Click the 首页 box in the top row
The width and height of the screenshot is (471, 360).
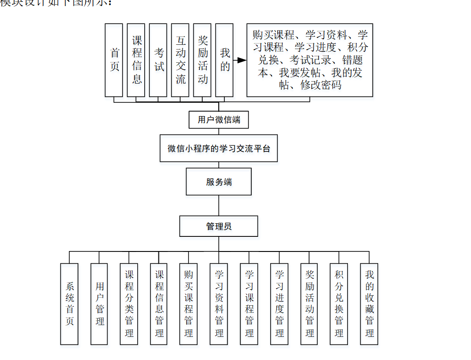point(114,60)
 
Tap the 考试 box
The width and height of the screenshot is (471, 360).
point(158,60)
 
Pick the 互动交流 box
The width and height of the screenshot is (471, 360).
point(180,60)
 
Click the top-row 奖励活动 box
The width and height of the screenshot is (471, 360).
point(202,60)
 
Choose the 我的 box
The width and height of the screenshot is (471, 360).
point(224,60)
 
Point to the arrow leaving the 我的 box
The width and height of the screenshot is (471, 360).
point(240,60)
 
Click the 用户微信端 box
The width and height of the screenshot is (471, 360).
point(219,120)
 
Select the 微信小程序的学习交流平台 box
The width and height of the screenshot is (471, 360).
point(219,148)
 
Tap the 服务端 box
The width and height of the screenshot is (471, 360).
point(219,182)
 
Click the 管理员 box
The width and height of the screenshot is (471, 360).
point(219,226)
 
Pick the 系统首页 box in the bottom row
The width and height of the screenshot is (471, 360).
point(69,304)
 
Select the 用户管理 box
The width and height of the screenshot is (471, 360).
point(99,304)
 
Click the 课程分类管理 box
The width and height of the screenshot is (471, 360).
point(129,304)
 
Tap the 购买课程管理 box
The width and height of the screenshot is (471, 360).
point(189,304)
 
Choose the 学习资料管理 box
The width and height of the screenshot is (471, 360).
point(219,304)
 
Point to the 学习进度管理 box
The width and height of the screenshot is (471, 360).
point(279,304)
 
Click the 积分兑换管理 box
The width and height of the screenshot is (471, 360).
point(339,304)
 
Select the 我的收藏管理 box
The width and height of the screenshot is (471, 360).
point(369,304)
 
